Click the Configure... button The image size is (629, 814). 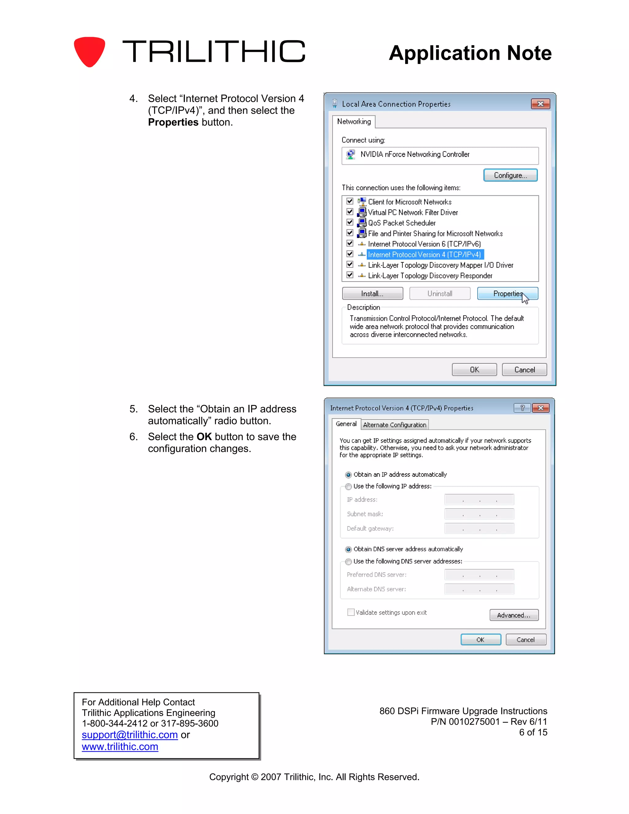pos(510,175)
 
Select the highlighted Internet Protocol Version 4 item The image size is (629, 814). pos(424,255)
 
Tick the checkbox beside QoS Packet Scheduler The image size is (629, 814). pos(350,222)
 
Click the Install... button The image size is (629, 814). pos(372,294)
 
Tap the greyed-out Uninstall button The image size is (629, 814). pos(440,294)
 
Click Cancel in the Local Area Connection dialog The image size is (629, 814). pos(524,370)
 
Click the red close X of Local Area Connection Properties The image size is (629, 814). pos(540,104)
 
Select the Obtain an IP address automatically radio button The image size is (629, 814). pos(348,475)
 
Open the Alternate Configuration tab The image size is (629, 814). pos(395,425)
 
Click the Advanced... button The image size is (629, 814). pos(514,615)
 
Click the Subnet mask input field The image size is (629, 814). pos(479,514)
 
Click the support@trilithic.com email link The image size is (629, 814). pos(130,735)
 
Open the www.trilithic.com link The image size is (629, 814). pos(120,747)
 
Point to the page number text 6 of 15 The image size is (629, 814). pos(533,732)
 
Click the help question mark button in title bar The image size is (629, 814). pos(522,408)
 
